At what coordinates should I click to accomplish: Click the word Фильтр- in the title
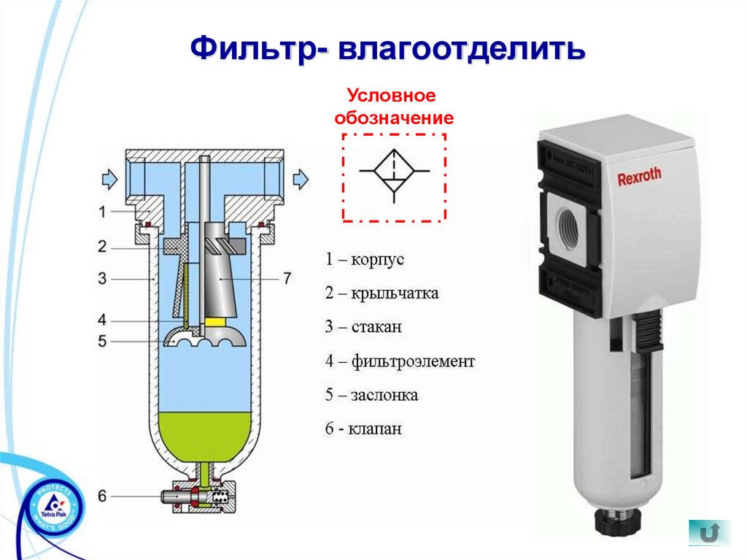click(x=256, y=49)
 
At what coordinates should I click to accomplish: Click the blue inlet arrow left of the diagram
click(x=109, y=177)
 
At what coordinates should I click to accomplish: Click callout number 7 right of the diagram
click(x=287, y=278)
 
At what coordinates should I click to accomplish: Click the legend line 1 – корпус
click(x=364, y=260)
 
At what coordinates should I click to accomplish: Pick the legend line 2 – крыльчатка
click(x=382, y=294)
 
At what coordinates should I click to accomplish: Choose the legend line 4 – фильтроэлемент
click(x=400, y=361)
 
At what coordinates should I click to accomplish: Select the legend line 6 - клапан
click(x=363, y=429)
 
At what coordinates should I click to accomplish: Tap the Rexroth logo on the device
click(x=639, y=176)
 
